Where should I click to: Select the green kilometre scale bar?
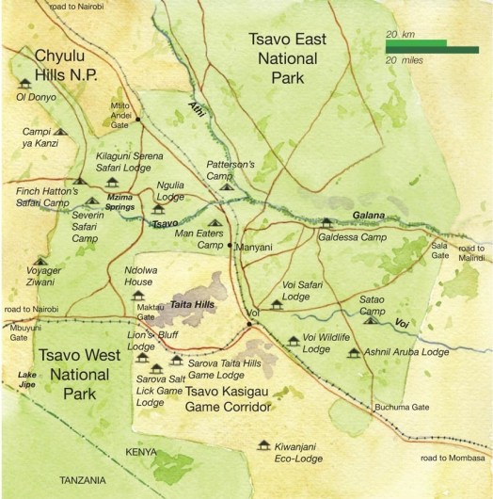tap(416, 42)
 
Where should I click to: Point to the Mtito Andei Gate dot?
tap(136, 119)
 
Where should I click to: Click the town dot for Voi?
tap(249, 324)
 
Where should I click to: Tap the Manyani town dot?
tap(230, 246)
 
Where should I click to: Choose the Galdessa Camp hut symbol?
tap(326, 224)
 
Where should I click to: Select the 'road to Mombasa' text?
tap(454, 458)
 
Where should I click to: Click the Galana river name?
tap(369, 216)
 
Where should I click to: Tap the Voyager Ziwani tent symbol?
tap(40, 262)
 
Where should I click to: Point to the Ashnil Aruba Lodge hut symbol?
tap(354, 354)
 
